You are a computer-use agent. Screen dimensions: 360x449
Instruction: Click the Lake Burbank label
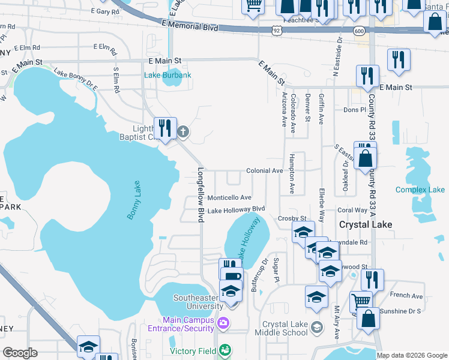[x=167, y=75]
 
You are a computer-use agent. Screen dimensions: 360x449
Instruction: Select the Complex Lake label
[x=420, y=190]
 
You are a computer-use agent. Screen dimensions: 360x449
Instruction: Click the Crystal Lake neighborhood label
[x=366, y=224]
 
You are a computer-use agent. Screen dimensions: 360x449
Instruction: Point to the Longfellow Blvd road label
[x=200, y=195]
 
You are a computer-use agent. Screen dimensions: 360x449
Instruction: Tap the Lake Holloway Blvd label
[x=236, y=210]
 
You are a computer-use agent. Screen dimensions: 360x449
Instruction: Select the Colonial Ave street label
[x=264, y=171]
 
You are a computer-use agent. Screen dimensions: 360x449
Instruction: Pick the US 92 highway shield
[x=276, y=29]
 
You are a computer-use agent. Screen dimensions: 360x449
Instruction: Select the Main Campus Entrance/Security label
[x=181, y=323]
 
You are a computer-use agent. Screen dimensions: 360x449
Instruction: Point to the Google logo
[x=20, y=352]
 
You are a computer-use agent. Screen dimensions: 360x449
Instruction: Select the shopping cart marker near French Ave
[x=360, y=300]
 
